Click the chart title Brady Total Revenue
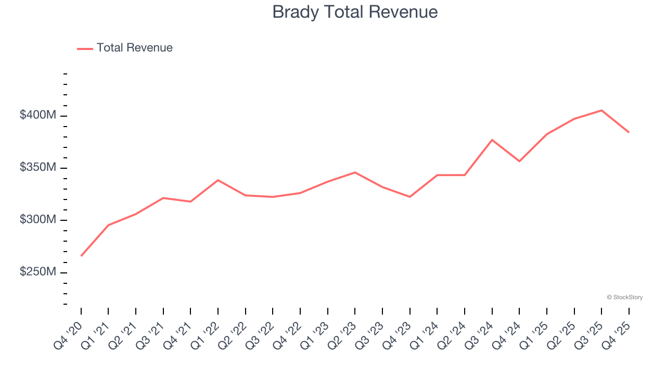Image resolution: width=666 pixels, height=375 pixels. coord(355,12)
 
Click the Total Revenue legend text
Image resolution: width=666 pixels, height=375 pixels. coord(134,48)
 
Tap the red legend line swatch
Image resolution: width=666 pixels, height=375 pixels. coord(85,48)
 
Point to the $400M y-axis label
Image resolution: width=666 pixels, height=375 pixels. coord(37,115)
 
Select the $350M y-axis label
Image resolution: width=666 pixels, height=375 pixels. coord(37,168)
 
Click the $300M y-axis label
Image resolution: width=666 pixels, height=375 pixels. coord(37,220)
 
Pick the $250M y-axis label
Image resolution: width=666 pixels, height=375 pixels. coord(37,272)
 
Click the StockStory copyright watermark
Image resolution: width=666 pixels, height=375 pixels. coord(624,297)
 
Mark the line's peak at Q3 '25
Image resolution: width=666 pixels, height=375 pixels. coord(601,110)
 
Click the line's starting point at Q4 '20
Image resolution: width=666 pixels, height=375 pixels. coord(81,256)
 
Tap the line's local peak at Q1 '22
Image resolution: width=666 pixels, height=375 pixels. coord(218,180)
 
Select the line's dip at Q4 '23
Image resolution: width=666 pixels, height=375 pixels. coord(410,197)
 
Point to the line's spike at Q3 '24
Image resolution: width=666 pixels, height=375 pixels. coord(492,140)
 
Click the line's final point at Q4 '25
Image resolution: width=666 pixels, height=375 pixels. coord(629,132)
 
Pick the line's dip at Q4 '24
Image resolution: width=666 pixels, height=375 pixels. coord(519,161)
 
